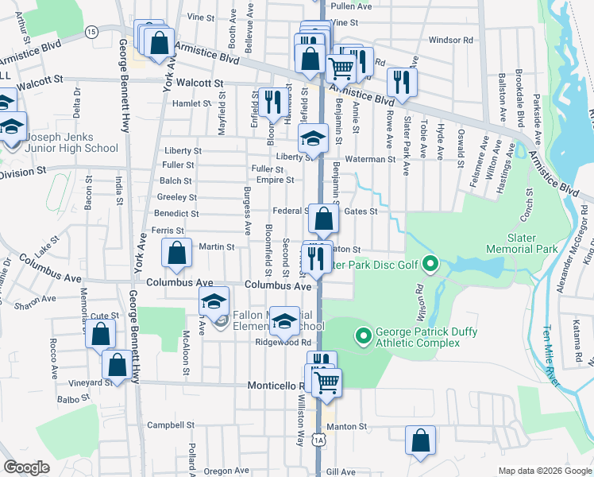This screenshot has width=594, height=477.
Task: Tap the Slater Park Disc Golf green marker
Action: click(x=430, y=262)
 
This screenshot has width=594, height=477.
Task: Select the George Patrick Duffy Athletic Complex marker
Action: click(x=364, y=337)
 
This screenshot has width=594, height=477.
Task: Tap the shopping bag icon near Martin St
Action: click(x=177, y=254)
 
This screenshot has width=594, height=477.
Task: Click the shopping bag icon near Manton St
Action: click(x=420, y=440)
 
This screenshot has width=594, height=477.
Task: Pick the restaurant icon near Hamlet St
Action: click(x=270, y=101)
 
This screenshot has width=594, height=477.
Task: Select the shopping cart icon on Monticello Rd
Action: click(x=326, y=383)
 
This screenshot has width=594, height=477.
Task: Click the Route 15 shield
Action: click(x=91, y=31)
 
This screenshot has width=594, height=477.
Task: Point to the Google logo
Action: click(x=26, y=467)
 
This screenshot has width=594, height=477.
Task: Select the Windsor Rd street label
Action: click(x=450, y=40)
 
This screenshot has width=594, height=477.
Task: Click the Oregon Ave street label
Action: click(x=226, y=471)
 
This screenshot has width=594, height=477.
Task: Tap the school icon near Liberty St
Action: click(x=313, y=139)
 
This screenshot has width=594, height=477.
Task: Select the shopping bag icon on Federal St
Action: click(x=323, y=219)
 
